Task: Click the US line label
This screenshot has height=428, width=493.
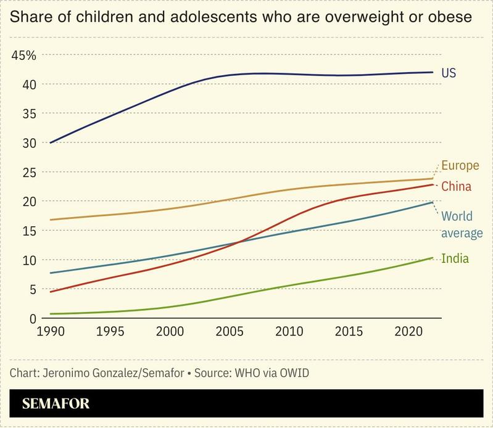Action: pos(449,73)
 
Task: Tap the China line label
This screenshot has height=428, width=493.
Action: pos(457,186)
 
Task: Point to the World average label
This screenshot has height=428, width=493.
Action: pos(462,225)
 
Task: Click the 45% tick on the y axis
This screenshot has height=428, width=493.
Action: pos(25,55)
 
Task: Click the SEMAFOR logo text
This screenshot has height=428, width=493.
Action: pos(56,404)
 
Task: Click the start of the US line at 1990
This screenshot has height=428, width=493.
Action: pos(50,142)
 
